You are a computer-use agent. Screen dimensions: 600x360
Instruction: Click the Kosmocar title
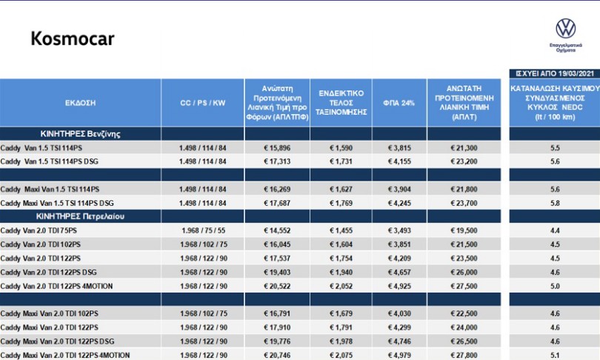(73, 39)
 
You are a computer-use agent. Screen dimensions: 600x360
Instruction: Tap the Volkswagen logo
(566, 29)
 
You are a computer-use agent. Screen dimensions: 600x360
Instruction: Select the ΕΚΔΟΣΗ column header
(80, 103)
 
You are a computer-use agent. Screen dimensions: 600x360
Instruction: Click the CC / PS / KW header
(203, 103)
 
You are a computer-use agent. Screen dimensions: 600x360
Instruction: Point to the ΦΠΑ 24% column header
(399, 103)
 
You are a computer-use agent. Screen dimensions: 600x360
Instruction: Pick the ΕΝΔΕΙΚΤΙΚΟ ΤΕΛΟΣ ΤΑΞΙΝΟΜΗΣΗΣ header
(341, 102)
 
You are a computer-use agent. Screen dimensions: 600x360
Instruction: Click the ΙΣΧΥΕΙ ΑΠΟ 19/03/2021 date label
(555, 73)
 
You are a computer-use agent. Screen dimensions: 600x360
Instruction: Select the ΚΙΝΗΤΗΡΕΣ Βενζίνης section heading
(80, 134)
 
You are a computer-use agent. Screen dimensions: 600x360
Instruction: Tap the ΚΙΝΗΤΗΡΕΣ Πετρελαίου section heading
(80, 216)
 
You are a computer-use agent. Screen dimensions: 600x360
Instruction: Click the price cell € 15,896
(277, 148)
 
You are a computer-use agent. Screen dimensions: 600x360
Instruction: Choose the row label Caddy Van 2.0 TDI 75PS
(39, 230)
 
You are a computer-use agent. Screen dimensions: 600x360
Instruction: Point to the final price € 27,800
(464, 356)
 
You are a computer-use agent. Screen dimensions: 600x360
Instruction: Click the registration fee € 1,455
(341, 230)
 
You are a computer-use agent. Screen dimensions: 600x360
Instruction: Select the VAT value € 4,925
(399, 286)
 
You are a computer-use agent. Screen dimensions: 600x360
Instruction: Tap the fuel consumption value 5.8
(555, 203)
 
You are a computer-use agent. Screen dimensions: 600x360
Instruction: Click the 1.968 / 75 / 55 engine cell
(203, 230)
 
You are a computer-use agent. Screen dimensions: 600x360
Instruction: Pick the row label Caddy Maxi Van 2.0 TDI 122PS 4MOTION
(65, 356)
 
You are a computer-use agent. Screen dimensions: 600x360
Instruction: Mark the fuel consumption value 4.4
(555, 230)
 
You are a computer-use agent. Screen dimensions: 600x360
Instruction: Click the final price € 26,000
(464, 273)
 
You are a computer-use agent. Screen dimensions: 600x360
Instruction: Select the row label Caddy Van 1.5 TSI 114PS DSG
(50, 161)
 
